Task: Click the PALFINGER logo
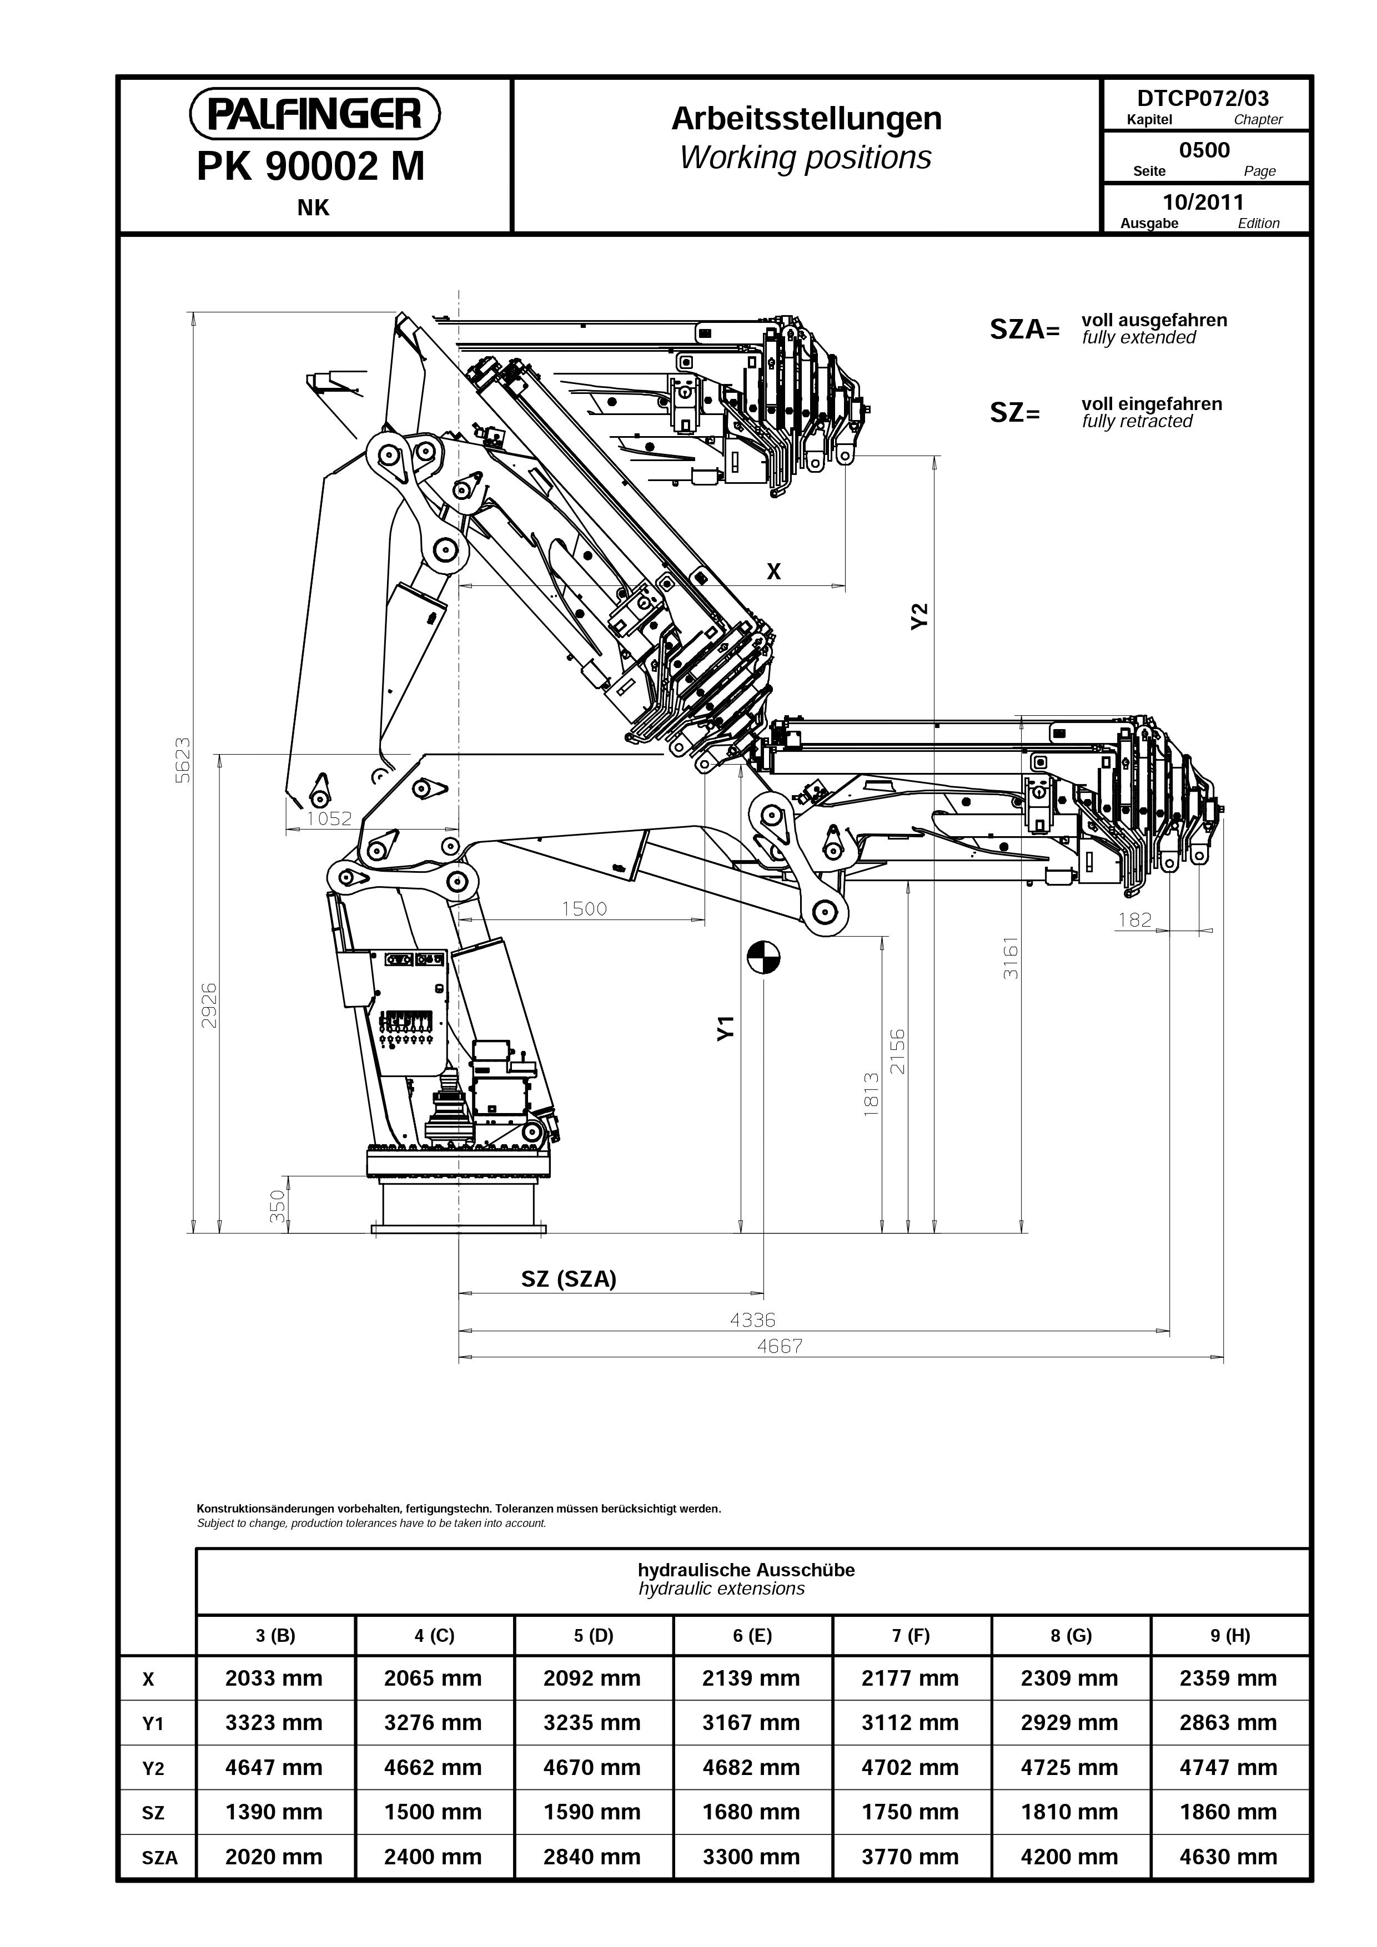click(314, 114)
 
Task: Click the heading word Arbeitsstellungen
click(806, 119)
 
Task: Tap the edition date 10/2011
click(1203, 202)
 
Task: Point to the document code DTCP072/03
click(1203, 98)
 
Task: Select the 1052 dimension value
click(329, 818)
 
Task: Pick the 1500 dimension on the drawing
click(585, 909)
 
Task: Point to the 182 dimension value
click(1135, 920)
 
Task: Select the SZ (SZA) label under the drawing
click(569, 1279)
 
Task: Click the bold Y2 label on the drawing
click(919, 616)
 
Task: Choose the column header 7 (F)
click(911, 1636)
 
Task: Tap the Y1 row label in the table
click(153, 1724)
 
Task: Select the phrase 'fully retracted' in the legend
click(1137, 422)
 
